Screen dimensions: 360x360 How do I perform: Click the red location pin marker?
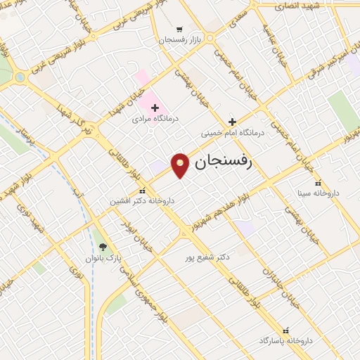tap(181, 165)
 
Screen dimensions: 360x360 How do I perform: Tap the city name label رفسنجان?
tap(222, 164)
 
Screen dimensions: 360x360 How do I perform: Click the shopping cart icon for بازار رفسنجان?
tap(180, 30)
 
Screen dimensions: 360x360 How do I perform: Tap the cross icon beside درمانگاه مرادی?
tap(155, 108)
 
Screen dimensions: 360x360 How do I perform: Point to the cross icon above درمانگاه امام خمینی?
tap(233, 122)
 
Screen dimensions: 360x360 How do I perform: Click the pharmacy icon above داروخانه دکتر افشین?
tap(142, 190)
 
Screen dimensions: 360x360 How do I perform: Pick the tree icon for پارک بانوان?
tap(103, 247)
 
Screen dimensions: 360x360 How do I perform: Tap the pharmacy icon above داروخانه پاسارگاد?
tap(285, 329)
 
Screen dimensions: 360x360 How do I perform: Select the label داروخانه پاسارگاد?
tap(285, 340)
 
